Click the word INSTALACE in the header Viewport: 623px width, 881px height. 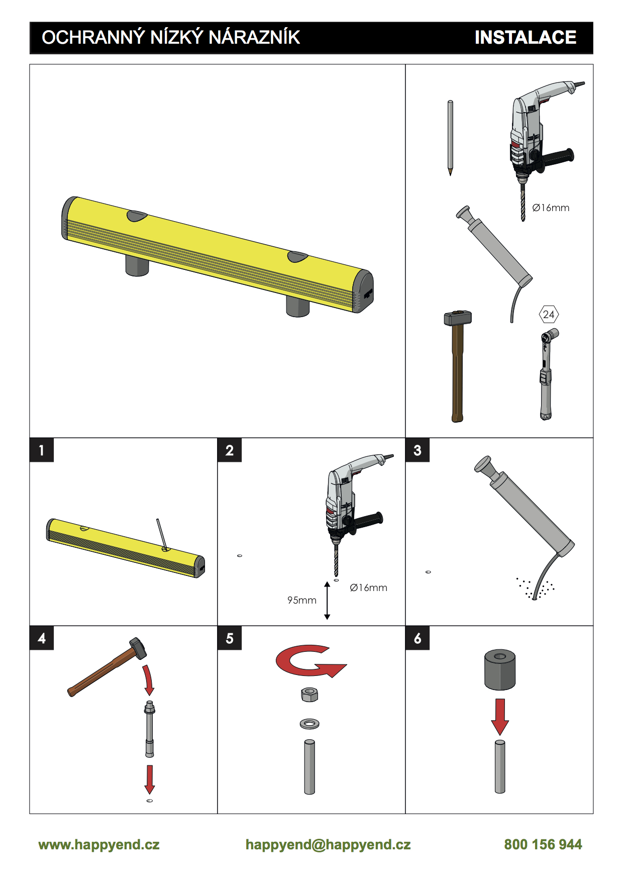(526, 38)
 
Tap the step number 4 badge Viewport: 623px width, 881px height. (42, 638)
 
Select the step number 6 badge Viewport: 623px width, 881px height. (418, 638)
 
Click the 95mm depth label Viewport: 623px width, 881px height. (302, 600)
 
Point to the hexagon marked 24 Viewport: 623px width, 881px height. (549, 315)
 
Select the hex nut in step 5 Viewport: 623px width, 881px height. (309, 695)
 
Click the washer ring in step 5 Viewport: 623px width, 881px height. (309, 724)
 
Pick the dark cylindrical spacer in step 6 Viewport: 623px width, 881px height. (500, 669)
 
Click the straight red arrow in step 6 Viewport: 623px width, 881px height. (500, 717)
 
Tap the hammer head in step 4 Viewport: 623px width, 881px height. (138, 648)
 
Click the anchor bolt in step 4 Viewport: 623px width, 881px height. (149, 729)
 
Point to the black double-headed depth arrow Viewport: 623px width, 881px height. (327, 601)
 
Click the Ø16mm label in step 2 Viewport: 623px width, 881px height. (368, 588)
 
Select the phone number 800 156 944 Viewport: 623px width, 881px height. (543, 844)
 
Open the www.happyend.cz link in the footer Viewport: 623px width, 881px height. (99, 845)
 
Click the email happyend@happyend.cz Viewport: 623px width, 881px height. (328, 845)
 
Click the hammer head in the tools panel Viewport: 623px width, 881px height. (458, 318)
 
